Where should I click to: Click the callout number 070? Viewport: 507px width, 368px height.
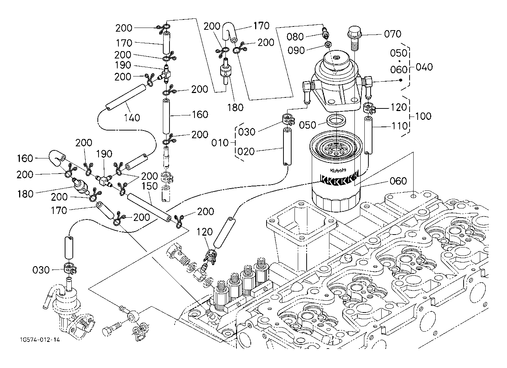pos(393,34)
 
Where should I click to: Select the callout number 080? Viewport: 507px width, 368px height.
pos(296,37)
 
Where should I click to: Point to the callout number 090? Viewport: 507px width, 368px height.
pos(297,50)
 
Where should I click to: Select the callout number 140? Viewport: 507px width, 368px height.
pos(132,118)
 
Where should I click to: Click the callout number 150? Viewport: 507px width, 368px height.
pos(150,186)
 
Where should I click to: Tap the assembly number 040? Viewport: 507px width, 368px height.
pos(424,67)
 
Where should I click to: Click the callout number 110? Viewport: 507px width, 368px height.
pos(399,126)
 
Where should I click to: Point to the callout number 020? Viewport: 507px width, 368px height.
pos(246,151)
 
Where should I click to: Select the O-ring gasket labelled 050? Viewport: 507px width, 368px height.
pos(336,120)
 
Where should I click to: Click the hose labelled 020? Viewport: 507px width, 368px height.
pos(287,147)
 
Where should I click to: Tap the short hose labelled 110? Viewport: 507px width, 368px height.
pos(368,135)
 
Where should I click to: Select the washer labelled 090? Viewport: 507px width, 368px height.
pos(327,45)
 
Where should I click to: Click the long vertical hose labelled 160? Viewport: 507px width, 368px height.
pos(166,116)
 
